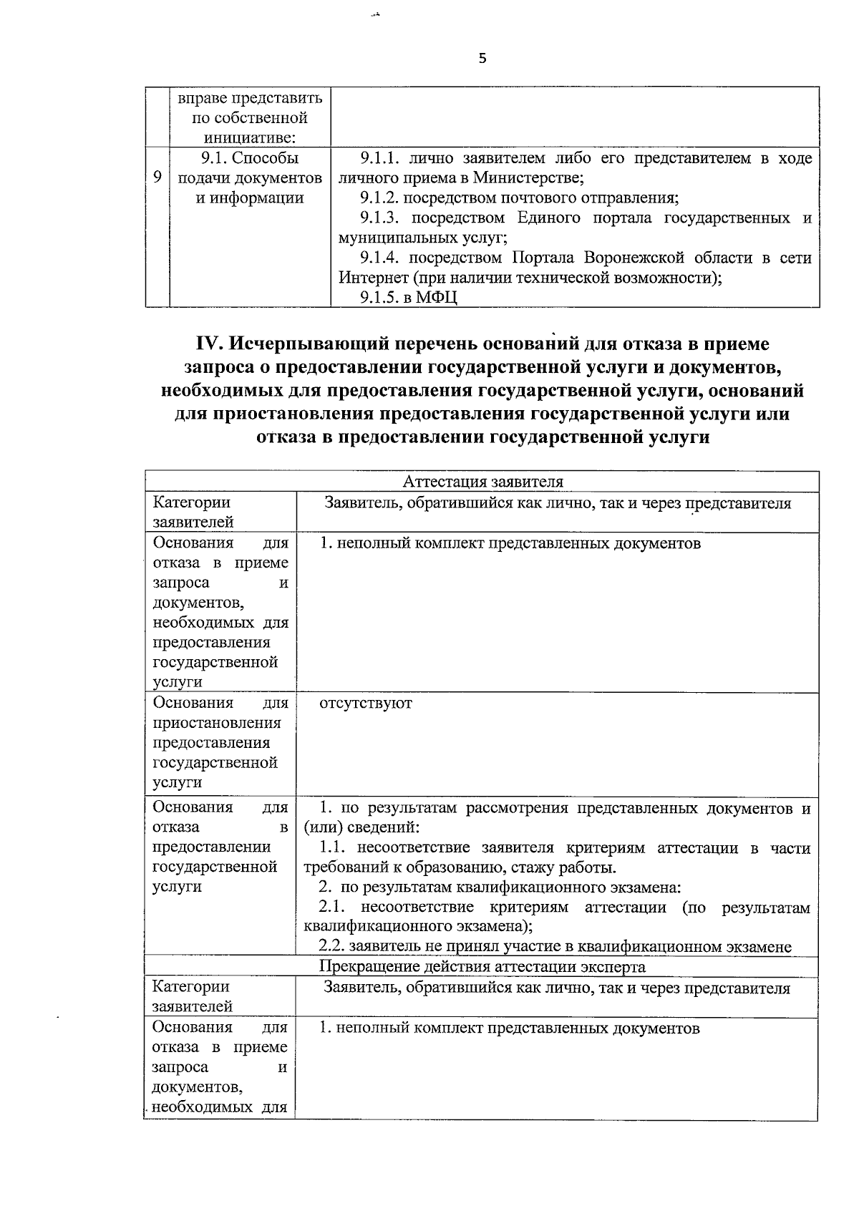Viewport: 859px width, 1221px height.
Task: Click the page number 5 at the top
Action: tap(482, 59)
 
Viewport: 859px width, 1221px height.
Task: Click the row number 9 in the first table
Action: tap(157, 177)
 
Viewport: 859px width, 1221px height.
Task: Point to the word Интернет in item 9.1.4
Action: tap(370, 278)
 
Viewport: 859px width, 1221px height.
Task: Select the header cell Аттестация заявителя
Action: tap(483, 482)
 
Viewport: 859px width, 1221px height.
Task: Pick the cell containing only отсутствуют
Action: tap(365, 703)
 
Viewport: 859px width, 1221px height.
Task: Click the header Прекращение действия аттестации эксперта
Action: tap(482, 967)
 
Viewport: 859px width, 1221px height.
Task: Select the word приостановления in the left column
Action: tap(217, 723)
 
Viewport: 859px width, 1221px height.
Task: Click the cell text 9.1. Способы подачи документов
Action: tap(249, 177)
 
